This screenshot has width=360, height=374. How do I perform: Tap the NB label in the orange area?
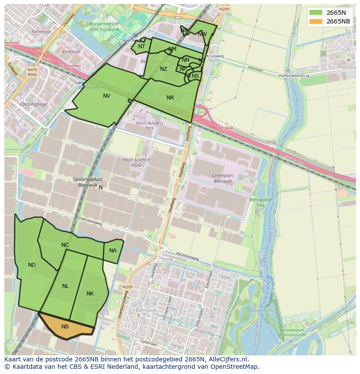65,326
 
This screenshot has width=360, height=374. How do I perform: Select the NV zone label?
107,96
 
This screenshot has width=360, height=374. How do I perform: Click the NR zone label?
170,98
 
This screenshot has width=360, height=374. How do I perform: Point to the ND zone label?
32,265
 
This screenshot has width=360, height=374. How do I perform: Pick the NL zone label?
66,286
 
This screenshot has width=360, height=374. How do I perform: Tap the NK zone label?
90,294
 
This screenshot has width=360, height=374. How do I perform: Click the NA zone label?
113,251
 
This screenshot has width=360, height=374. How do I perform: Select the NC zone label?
65,245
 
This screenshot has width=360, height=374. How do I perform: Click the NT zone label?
142,46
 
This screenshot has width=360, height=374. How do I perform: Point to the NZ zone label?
163,69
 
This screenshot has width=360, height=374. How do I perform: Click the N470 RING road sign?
32,72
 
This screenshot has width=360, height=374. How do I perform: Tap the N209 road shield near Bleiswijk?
127,287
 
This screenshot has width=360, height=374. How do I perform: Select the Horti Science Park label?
136,162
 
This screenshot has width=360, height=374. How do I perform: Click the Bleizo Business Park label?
150,126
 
